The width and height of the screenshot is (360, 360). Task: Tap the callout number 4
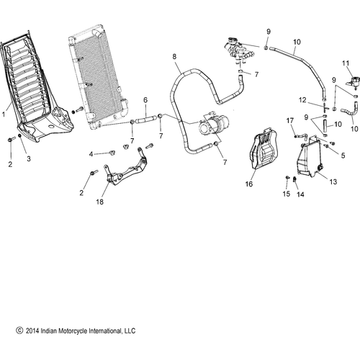coord(92,153)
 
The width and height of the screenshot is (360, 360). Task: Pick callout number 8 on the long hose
coord(174,56)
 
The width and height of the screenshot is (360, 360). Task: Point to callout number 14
coord(301,195)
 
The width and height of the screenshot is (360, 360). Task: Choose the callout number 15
coord(286,194)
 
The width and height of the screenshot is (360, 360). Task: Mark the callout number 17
coord(289,120)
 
